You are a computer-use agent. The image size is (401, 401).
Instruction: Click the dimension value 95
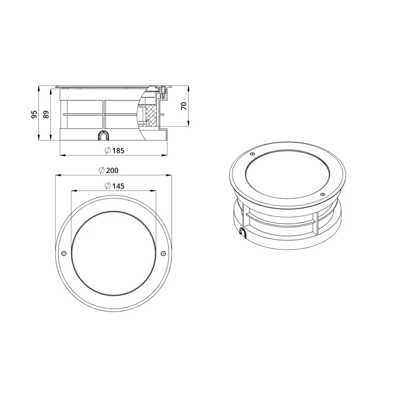[x=34, y=114]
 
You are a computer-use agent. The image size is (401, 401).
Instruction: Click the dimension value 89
[x=46, y=114]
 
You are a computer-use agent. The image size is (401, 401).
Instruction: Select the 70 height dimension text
[x=184, y=105]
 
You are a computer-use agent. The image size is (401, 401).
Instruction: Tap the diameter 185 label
[x=115, y=151]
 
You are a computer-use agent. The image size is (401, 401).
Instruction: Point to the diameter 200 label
[x=109, y=170]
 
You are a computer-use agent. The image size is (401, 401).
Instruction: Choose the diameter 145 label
[x=115, y=186]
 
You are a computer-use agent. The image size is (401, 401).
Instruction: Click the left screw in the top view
[x=64, y=253]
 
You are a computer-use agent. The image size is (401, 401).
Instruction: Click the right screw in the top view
[x=163, y=253]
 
